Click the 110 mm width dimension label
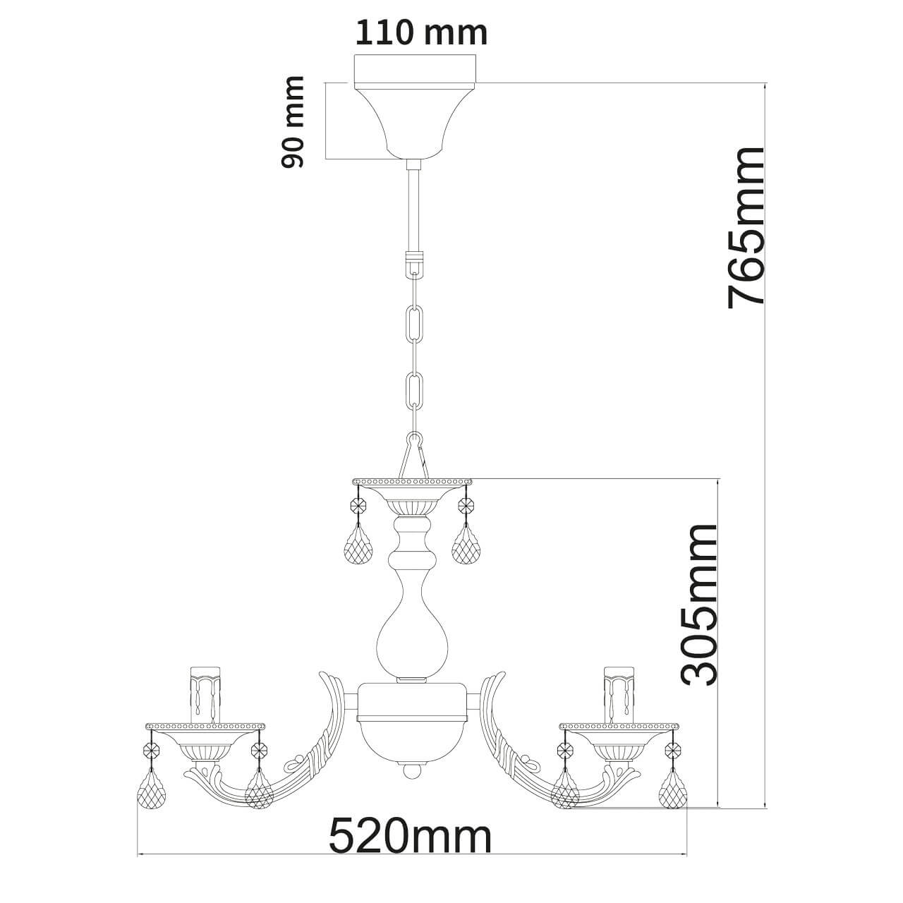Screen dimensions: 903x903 point(420,32)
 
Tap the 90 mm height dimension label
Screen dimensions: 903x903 point(293,122)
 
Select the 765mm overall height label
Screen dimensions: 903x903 point(745,227)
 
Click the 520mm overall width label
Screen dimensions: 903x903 point(410,837)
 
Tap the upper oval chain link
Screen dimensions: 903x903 point(415,322)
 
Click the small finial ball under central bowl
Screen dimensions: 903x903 point(413,771)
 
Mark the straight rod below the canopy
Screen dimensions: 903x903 point(414,208)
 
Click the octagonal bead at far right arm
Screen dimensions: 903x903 point(672,750)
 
